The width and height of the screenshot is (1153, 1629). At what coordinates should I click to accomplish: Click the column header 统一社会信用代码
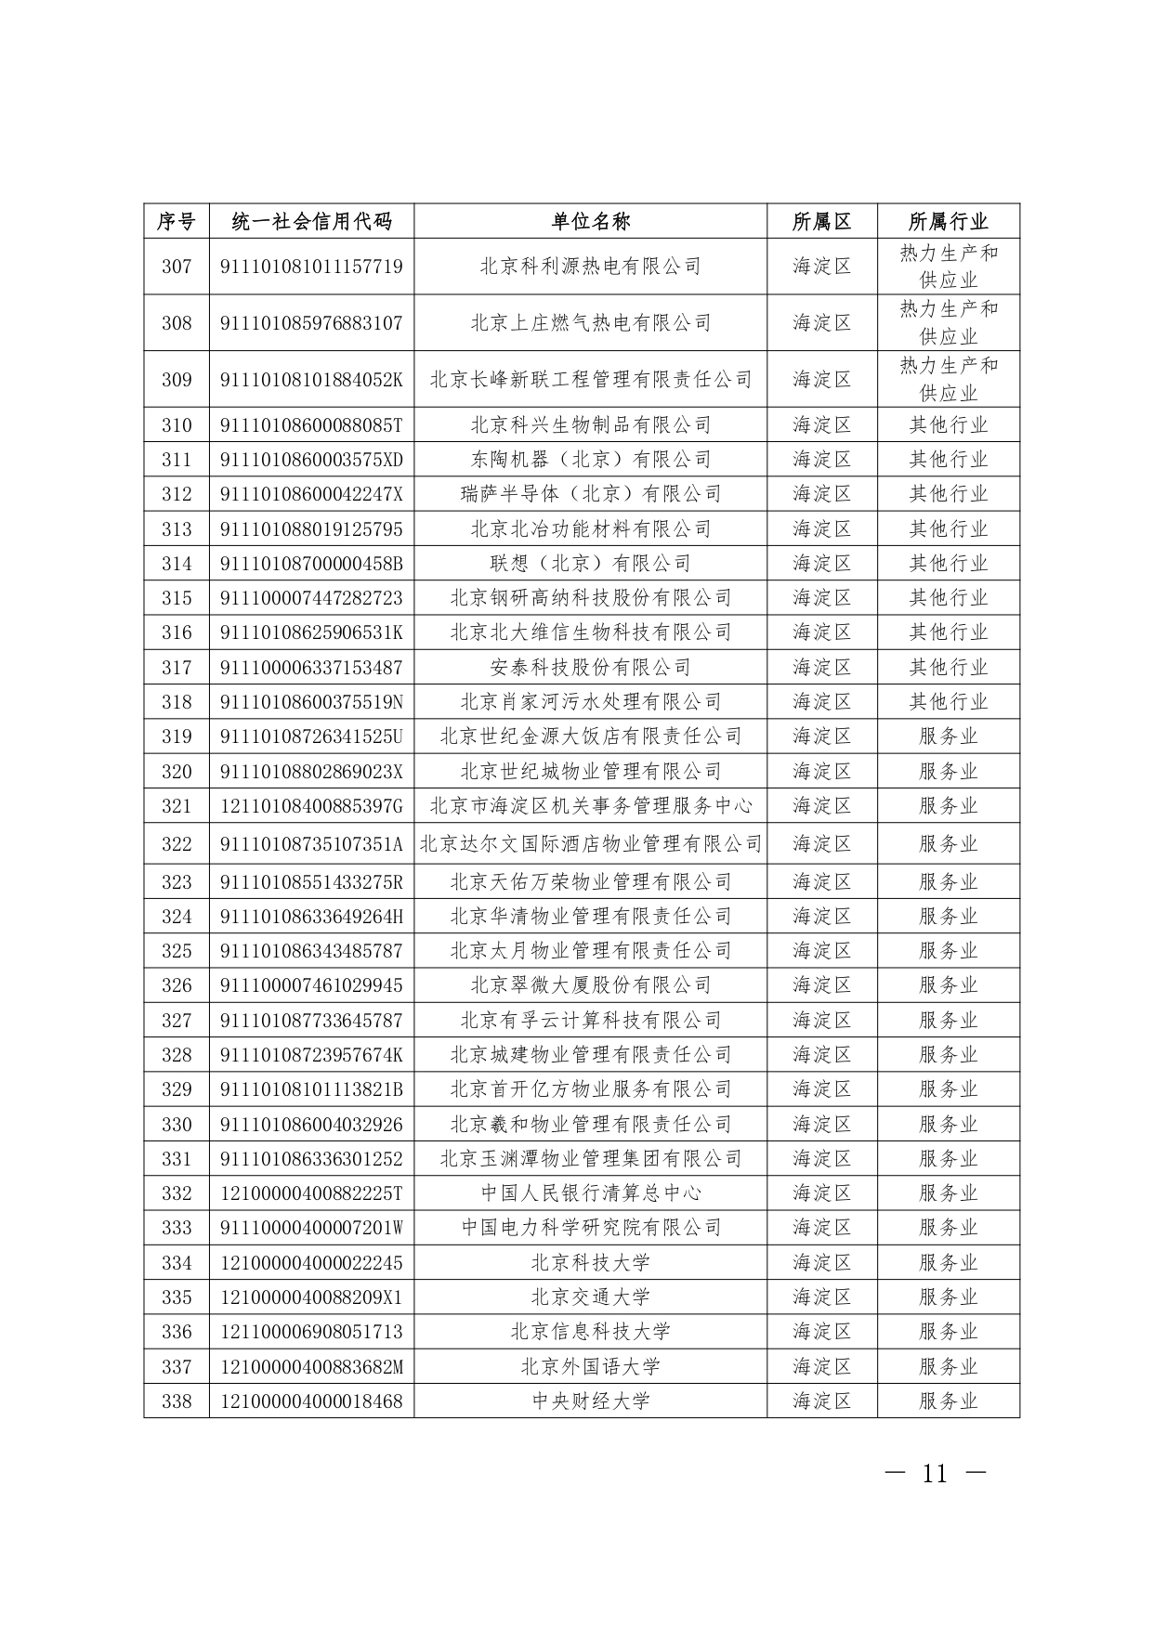click(311, 221)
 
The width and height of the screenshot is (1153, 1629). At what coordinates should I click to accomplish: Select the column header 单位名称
click(590, 221)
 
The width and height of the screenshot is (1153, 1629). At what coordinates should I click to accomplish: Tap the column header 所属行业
click(948, 221)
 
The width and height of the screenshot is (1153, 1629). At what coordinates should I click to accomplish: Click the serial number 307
click(177, 267)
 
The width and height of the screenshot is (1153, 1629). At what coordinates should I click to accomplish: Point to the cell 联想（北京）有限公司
click(590, 563)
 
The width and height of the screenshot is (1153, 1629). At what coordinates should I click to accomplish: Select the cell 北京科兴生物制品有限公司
click(590, 424)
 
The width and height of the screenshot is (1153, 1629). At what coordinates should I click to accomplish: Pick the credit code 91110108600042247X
click(311, 493)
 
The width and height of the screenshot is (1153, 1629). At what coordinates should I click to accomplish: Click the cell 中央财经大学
click(590, 1401)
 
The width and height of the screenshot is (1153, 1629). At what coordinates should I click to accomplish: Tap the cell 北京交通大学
click(590, 1297)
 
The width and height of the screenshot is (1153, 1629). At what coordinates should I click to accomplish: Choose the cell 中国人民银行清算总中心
click(590, 1192)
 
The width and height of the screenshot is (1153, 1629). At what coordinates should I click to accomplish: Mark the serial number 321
click(177, 805)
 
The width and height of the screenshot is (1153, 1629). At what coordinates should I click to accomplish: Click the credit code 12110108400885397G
click(311, 805)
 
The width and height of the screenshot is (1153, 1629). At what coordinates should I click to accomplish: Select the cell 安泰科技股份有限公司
click(590, 667)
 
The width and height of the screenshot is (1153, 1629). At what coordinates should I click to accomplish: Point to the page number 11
click(935, 1474)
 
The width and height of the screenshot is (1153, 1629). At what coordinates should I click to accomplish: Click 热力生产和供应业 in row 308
click(948, 322)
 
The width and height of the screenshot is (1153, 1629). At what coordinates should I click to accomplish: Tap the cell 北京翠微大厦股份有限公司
click(590, 984)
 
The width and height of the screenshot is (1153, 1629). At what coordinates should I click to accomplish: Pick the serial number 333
click(177, 1228)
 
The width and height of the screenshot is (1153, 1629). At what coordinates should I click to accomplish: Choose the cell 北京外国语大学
click(590, 1366)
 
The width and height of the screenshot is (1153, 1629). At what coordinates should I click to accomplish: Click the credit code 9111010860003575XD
click(311, 459)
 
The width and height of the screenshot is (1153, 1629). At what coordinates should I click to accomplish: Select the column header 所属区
click(821, 221)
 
